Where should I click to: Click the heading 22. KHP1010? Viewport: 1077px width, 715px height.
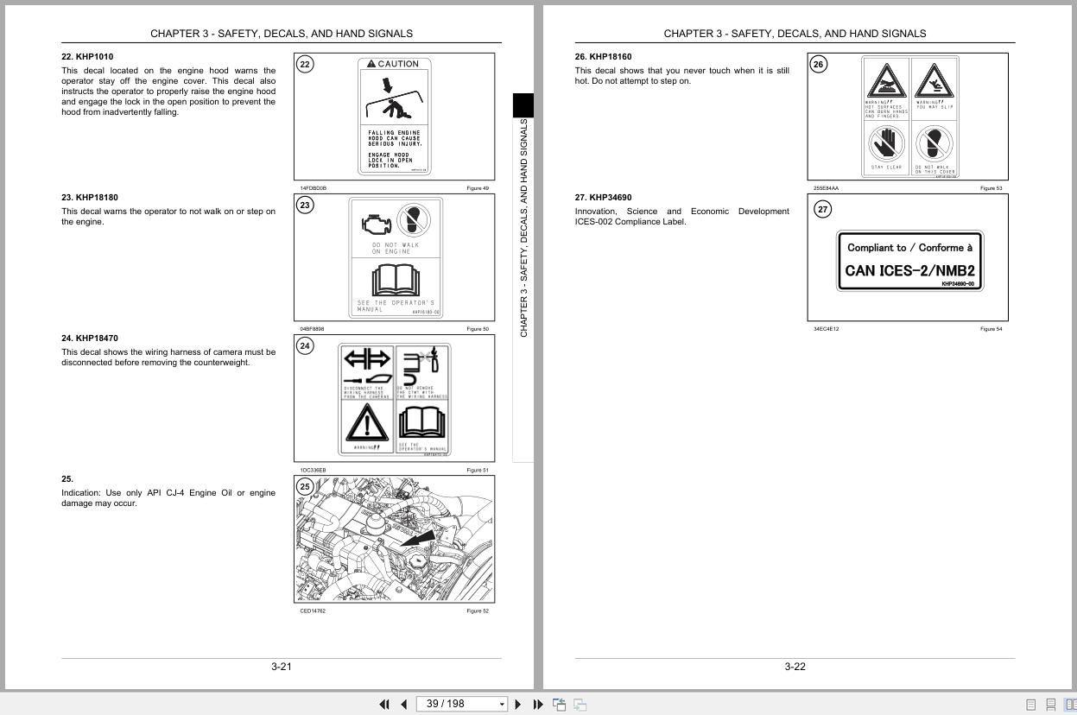pos(87,57)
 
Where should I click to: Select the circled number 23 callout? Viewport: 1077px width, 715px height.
pos(305,205)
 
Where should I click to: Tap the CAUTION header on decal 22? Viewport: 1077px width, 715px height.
pos(393,64)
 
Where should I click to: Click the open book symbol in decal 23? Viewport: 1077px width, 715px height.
pos(396,282)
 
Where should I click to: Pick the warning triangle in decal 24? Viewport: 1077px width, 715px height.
pos(367,423)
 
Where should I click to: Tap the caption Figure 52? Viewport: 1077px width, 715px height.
pos(478,611)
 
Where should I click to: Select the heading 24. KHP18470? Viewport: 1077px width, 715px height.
pos(90,339)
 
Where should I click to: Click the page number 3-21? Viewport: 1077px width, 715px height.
pos(282,667)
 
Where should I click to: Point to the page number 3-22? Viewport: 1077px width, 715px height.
pos(795,667)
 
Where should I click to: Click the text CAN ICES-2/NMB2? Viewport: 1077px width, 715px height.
pos(909,270)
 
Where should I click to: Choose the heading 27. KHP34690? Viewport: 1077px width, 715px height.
pos(603,198)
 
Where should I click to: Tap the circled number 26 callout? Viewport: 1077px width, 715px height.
pos(819,64)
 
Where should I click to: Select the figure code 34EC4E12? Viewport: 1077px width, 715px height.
pos(826,329)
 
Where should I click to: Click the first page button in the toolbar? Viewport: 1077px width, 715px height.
pos(384,705)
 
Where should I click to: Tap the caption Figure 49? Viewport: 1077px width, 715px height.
pos(478,188)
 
